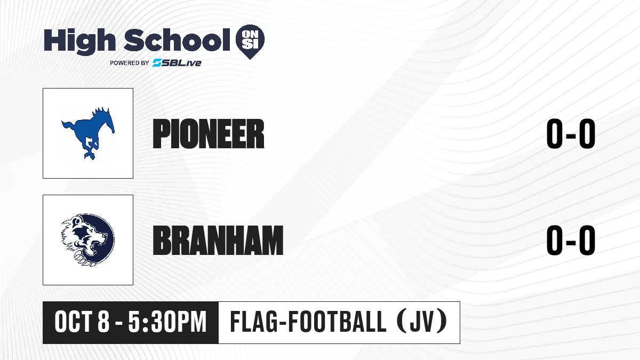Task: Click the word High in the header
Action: pos(79,42)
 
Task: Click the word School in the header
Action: pos(177,40)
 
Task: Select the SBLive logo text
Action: pos(177,62)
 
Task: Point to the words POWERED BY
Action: pos(130,63)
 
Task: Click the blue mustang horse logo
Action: pos(88,133)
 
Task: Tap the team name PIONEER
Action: pos(209,134)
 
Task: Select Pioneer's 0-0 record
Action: pos(571,134)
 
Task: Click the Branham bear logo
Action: pos(88,240)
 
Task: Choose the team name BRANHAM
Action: pos(218,241)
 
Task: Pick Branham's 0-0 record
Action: pos(571,241)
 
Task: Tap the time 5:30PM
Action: pos(167,322)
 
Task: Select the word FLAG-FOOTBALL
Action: pos(308,322)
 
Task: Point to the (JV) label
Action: pos(422,322)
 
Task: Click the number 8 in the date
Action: pos(103,322)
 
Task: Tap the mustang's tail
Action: pos(68,126)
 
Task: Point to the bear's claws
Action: pos(83,258)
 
